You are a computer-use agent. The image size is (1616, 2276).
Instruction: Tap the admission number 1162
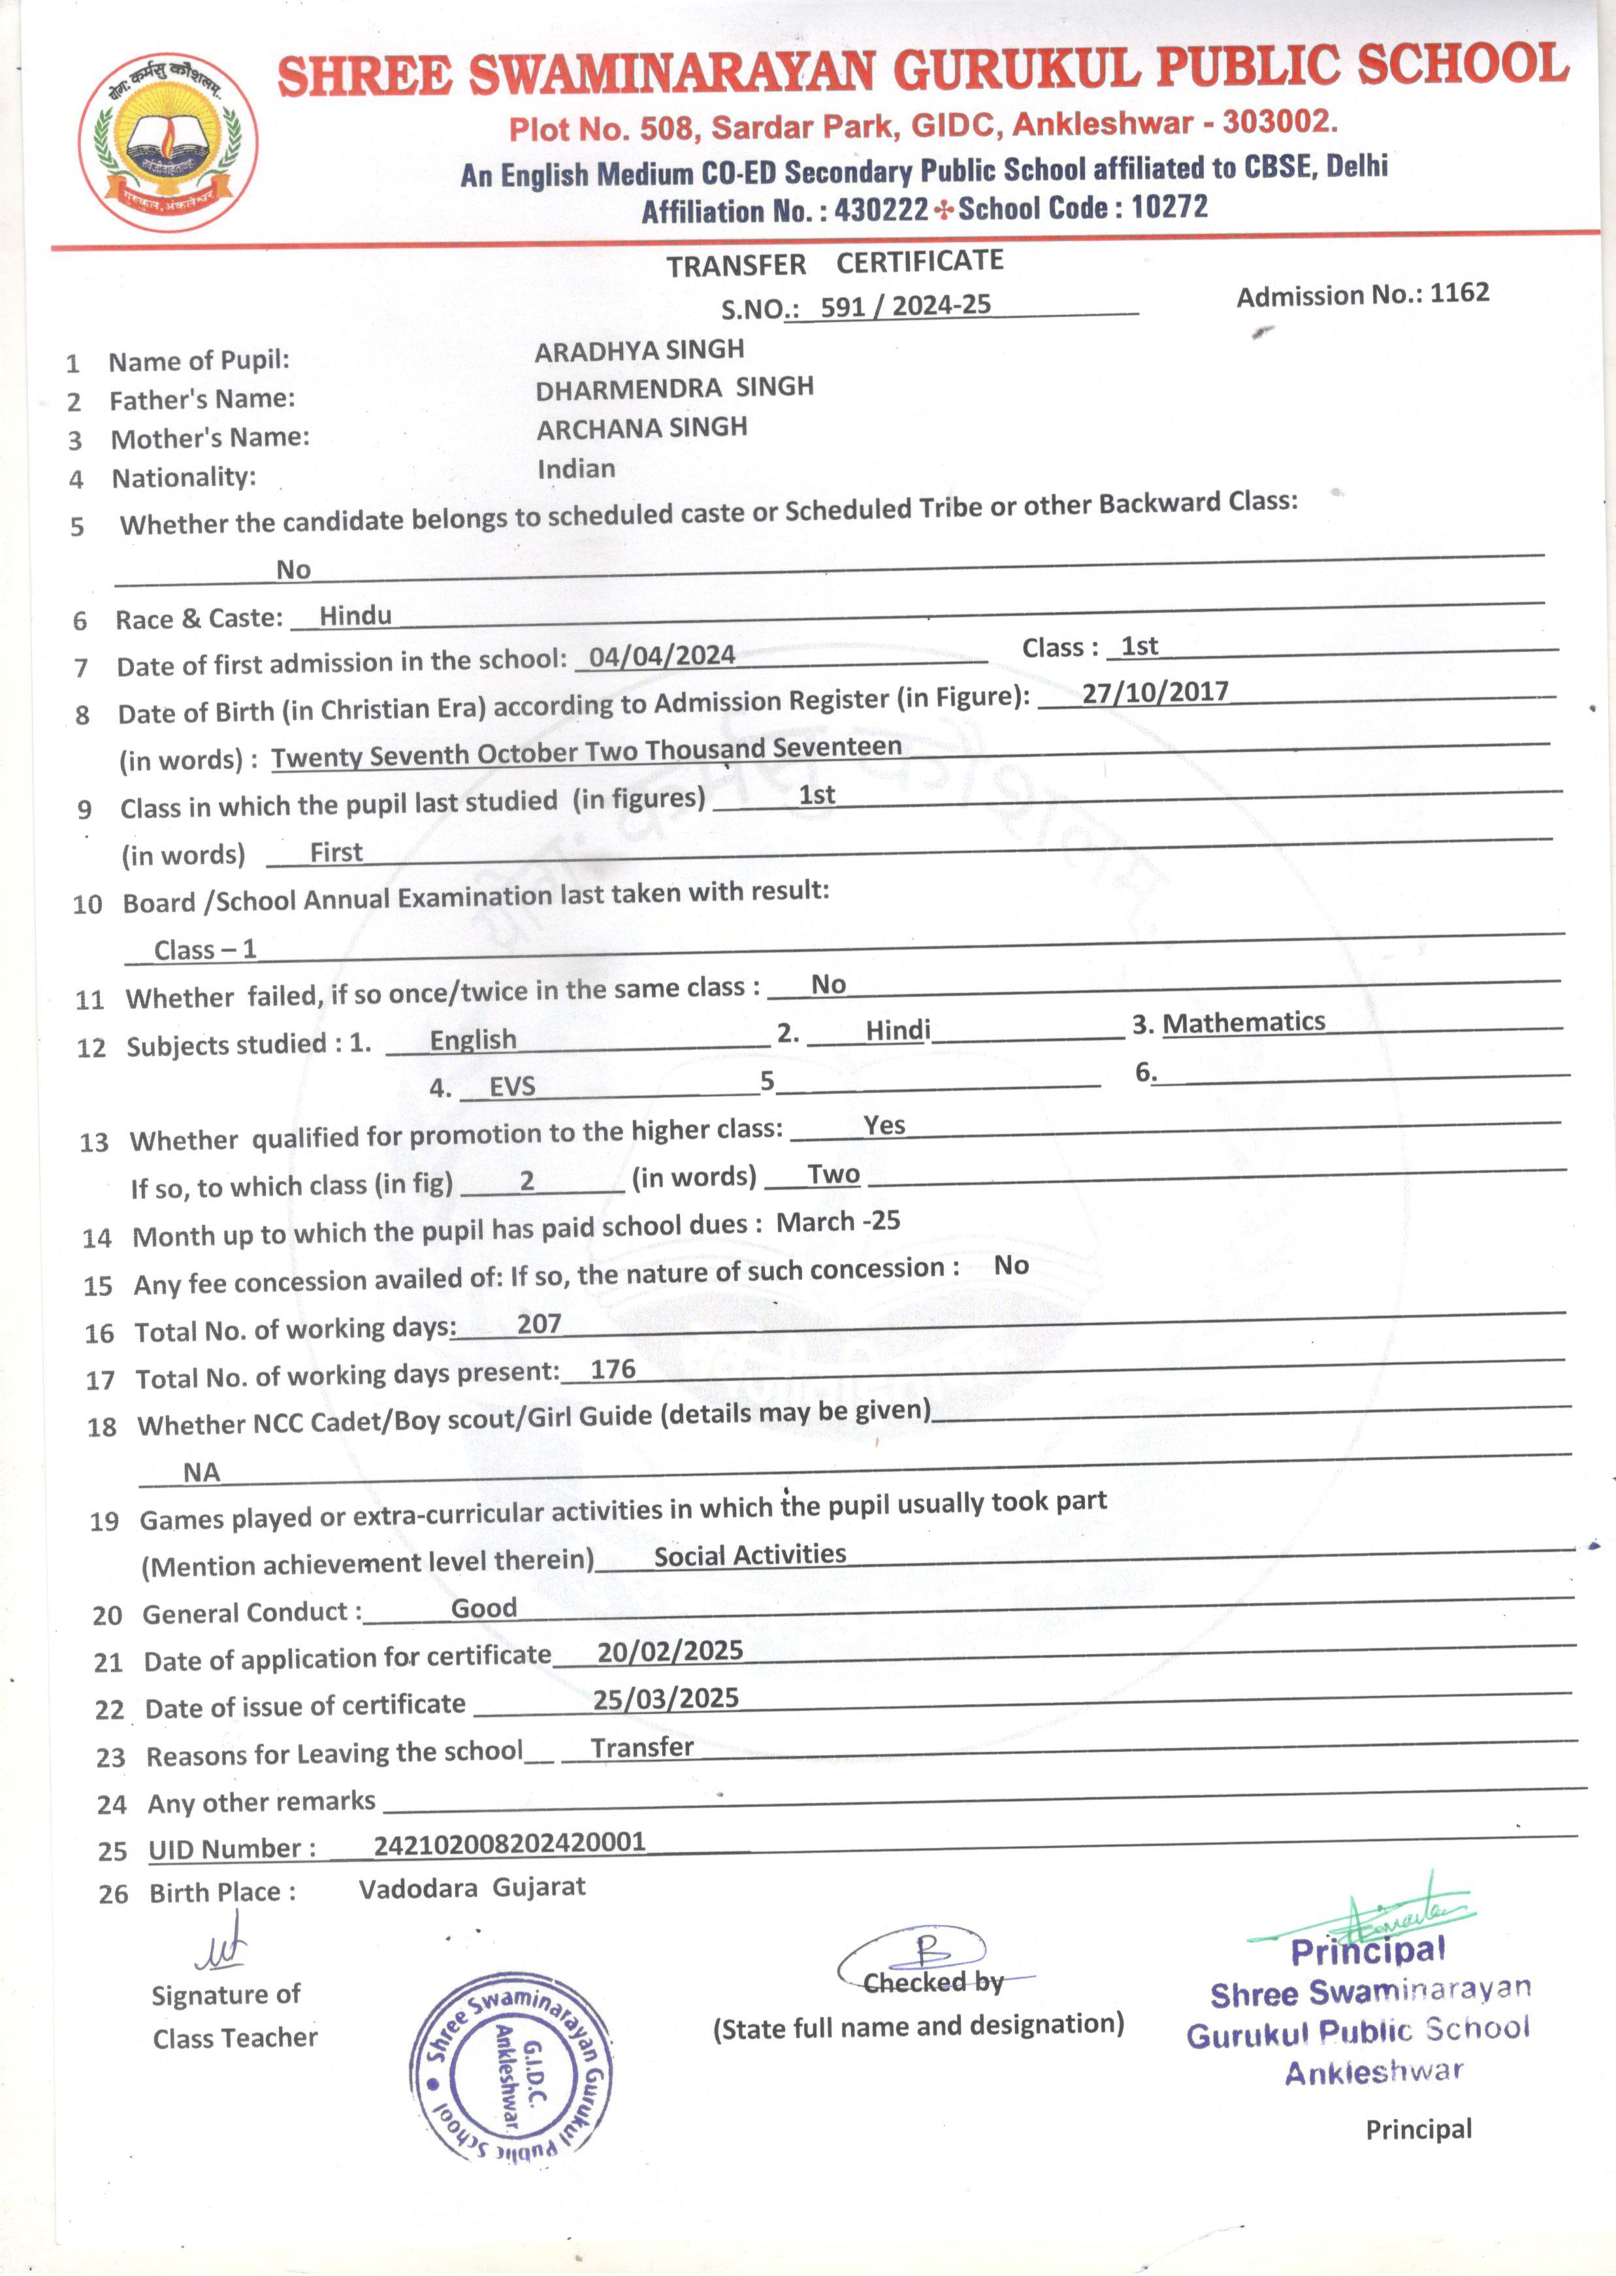click(x=1460, y=293)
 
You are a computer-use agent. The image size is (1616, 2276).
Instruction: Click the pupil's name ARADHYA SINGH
click(x=639, y=350)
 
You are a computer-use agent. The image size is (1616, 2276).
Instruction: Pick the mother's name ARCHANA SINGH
click(x=642, y=428)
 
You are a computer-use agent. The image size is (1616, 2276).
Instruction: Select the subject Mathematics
click(x=1244, y=1022)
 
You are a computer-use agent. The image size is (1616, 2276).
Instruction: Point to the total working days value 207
click(x=540, y=1324)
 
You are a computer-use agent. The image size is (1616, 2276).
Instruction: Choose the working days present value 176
click(x=613, y=1369)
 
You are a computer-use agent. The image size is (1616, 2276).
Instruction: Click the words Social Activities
click(x=751, y=1555)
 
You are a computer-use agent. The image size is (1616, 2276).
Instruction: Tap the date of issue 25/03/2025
click(x=666, y=1698)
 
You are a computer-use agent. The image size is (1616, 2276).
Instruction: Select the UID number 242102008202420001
click(x=509, y=1842)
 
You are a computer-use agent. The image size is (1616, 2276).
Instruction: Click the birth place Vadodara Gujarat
click(x=473, y=1888)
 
